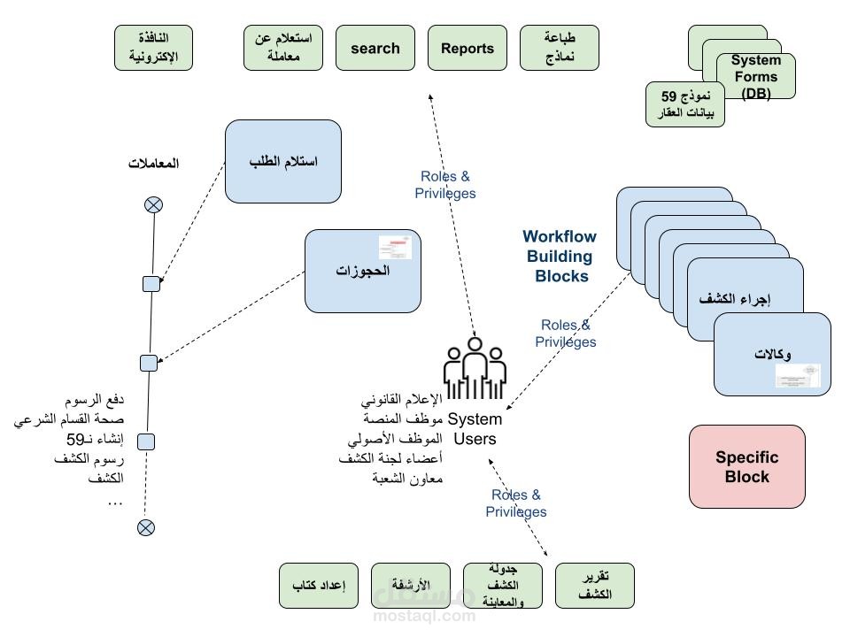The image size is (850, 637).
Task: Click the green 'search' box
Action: click(x=375, y=49)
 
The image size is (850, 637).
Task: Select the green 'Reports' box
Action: click(x=467, y=49)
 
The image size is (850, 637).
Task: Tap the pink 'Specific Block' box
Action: click(x=747, y=466)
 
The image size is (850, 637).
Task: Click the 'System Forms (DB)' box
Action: click(x=756, y=76)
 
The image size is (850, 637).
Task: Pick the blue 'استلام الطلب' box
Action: click(x=283, y=161)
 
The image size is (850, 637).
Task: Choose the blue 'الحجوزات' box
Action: click(x=362, y=271)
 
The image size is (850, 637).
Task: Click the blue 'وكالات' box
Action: click(x=772, y=354)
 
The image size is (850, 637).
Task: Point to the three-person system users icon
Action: click(x=475, y=368)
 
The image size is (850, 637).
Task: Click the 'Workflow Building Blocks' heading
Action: click(x=560, y=257)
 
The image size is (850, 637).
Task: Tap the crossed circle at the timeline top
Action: click(x=153, y=205)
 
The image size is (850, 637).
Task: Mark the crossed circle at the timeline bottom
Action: click(x=146, y=528)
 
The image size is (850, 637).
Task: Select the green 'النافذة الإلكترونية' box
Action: click(x=154, y=48)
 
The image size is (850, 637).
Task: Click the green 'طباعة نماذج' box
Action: click(x=560, y=48)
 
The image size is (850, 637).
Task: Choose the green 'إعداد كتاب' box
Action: click(x=319, y=586)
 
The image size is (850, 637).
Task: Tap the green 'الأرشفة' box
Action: click(x=411, y=586)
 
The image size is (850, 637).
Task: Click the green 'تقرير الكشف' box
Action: click(x=595, y=586)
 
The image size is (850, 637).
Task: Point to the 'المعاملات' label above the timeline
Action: click(x=154, y=163)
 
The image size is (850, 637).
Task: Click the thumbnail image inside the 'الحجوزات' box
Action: click(x=395, y=247)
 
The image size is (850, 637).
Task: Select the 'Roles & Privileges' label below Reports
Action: click(x=445, y=185)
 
